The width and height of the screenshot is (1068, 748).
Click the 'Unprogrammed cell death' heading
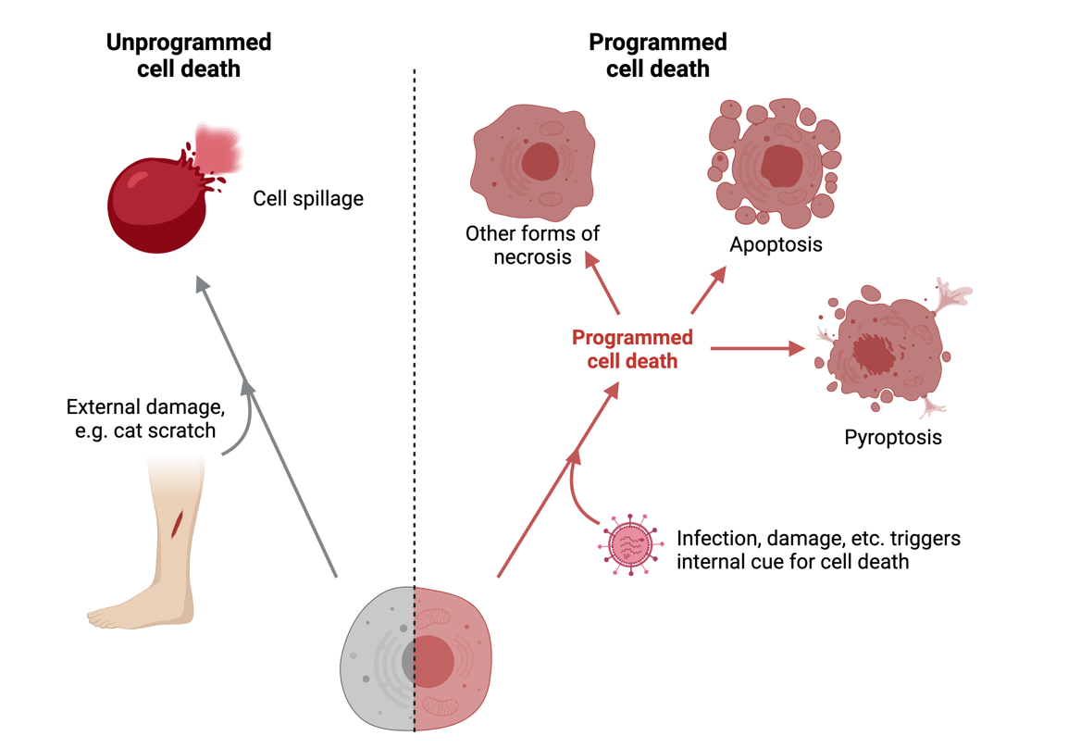pyautogui.click(x=188, y=56)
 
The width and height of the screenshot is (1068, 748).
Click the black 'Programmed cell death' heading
pyautogui.click(x=657, y=56)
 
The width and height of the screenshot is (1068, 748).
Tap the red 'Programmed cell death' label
pyautogui.click(x=632, y=349)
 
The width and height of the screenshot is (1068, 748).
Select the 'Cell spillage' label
pyautogui.click(x=308, y=198)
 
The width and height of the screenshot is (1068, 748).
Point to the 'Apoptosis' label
pyautogui.click(x=776, y=245)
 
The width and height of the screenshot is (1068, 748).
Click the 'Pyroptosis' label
pyautogui.click(x=893, y=437)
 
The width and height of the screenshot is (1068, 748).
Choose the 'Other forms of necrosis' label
pyautogui.click(x=532, y=245)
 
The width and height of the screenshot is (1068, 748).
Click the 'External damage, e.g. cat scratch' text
pyautogui.click(x=144, y=419)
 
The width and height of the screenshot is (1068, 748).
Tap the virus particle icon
pyautogui.click(x=630, y=544)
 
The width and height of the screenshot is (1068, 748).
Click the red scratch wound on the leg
pyautogui.click(x=177, y=523)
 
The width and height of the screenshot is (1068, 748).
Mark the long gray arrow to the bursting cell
pyautogui.click(x=268, y=426)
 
